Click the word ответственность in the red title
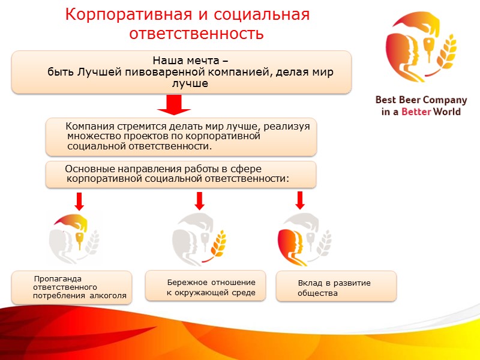196,33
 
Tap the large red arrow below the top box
174,106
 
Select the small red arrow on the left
79,200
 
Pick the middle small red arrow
200,200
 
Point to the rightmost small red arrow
300,199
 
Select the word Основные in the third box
88,169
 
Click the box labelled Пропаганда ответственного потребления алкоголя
71,287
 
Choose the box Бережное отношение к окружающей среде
205,287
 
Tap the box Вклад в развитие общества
335,287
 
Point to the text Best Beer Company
421,100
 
